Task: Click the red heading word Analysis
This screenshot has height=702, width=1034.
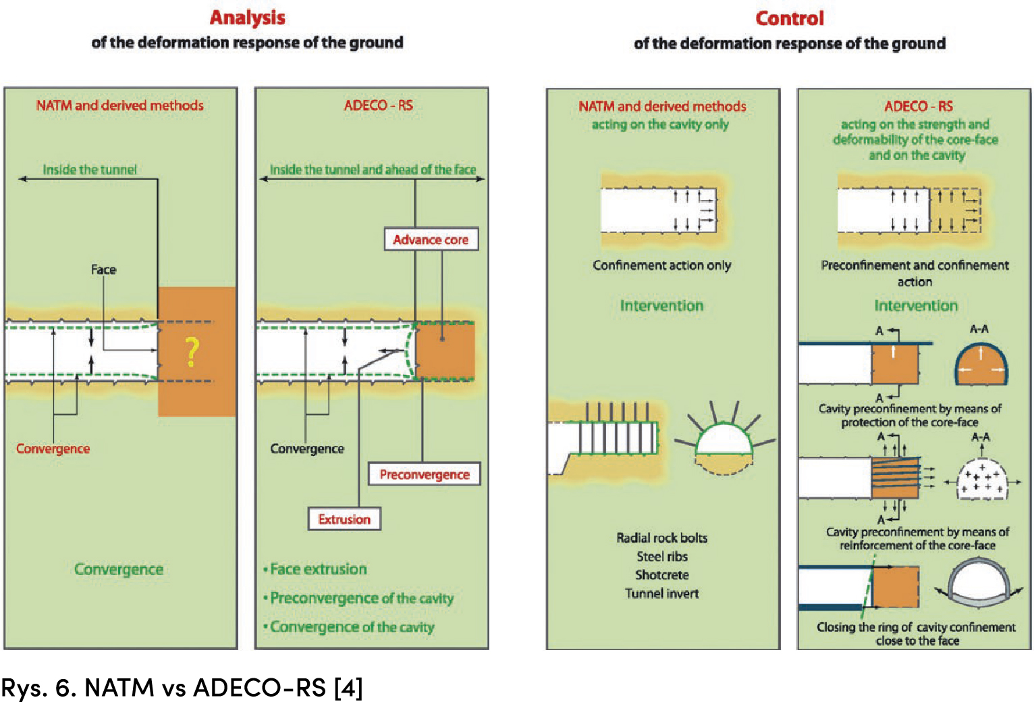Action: (x=247, y=18)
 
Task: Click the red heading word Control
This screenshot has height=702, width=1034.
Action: (x=789, y=18)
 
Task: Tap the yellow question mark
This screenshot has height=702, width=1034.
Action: (x=192, y=352)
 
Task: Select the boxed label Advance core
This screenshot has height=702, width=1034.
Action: (x=431, y=240)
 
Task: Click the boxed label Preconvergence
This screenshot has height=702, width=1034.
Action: (x=424, y=474)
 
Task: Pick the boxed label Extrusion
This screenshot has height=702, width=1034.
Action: (x=344, y=519)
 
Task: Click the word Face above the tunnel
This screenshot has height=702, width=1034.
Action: (x=103, y=270)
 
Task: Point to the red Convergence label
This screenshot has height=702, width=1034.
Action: (x=53, y=449)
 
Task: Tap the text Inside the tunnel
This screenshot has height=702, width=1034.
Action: (x=90, y=170)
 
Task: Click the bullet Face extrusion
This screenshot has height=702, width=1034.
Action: (x=318, y=569)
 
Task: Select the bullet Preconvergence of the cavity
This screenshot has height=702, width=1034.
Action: (x=361, y=598)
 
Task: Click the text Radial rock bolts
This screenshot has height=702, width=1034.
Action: (x=661, y=538)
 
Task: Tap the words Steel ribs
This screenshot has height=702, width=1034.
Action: (x=661, y=556)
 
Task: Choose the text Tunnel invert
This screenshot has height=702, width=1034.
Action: (x=661, y=593)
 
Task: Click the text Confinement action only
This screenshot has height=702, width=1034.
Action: (x=661, y=266)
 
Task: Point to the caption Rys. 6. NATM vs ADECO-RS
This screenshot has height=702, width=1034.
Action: (x=182, y=687)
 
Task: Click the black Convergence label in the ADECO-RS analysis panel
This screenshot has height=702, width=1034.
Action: (x=307, y=449)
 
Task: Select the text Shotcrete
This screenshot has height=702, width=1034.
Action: (x=661, y=575)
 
